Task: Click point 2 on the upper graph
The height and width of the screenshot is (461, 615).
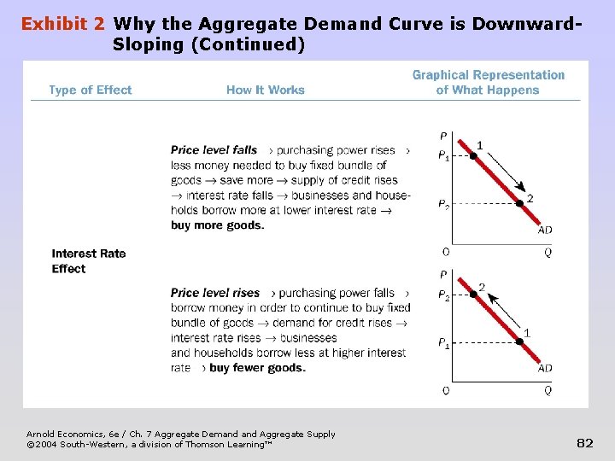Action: click(519, 203)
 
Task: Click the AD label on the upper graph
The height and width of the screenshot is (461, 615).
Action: click(545, 230)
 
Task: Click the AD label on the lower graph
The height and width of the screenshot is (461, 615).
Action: click(545, 368)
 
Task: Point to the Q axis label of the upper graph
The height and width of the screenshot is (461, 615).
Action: click(548, 252)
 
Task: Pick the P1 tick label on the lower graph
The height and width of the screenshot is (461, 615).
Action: click(443, 343)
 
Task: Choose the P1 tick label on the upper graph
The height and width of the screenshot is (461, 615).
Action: click(443, 156)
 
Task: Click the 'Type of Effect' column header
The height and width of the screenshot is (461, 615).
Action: click(91, 90)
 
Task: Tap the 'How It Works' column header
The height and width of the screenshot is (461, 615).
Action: click(265, 90)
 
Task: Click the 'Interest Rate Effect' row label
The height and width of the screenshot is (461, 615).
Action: click(88, 260)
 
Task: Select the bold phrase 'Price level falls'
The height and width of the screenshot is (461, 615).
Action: click(214, 150)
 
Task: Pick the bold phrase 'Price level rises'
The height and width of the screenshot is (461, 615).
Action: click(215, 293)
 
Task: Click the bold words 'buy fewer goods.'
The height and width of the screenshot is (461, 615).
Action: click(257, 368)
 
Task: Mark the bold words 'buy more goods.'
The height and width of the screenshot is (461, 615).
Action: click(217, 225)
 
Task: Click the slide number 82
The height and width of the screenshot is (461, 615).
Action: click(585, 443)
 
